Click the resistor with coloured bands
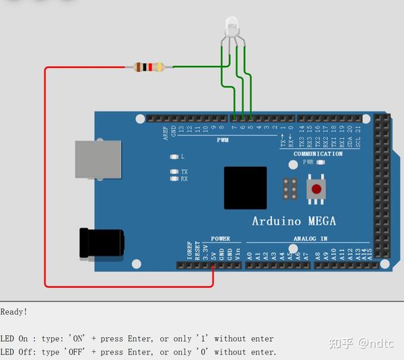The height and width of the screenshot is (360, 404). click(x=149, y=67)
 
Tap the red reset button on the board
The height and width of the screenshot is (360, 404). click(x=316, y=188)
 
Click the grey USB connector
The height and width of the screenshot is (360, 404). click(x=98, y=159)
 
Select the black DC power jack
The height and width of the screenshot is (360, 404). click(x=101, y=243)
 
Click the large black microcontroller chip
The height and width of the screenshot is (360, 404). click(x=245, y=188)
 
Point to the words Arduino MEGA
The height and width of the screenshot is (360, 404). click(x=294, y=221)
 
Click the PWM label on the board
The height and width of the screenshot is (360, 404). click(x=223, y=141)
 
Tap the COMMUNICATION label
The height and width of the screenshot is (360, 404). click(x=318, y=154)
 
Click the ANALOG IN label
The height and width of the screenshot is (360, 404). click(x=310, y=238)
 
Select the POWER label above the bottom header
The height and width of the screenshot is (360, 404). click(x=220, y=238)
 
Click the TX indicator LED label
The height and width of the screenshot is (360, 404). click(x=184, y=172)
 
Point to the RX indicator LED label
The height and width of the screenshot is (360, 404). click(x=184, y=179)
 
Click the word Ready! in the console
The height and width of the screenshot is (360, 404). click(x=14, y=312)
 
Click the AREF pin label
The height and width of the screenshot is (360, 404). click(x=165, y=132)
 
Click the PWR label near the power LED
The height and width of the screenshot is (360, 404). click(x=308, y=162)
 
